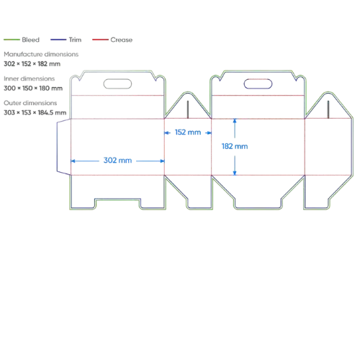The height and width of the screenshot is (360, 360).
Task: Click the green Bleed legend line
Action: coord(12,40)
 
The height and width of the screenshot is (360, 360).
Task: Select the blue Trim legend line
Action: coord(58,40)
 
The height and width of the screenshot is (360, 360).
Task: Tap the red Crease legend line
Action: coord(100,40)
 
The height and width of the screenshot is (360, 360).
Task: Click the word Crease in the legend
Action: coord(122,40)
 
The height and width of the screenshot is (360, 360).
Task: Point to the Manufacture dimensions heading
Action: coord(41,54)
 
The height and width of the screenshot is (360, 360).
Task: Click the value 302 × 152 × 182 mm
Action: coord(32,64)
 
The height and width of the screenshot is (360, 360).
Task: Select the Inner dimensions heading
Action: coord(29,78)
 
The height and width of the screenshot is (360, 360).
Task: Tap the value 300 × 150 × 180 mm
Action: coord(33,88)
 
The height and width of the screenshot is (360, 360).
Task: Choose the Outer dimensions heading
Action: coord(30,103)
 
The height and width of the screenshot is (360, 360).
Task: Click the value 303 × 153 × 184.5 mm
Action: coord(35,112)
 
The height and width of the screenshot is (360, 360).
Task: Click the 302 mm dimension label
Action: coord(117,161)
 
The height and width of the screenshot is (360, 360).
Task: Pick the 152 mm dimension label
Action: coord(188,132)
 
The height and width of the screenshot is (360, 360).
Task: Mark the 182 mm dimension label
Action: coord(235,146)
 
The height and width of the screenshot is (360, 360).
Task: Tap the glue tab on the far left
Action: coord(58,147)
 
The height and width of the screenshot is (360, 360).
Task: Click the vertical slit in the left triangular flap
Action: coord(188,109)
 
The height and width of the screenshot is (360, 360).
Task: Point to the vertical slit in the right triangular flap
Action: coord(328,109)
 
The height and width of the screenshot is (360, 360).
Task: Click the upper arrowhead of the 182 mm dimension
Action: coord(235,121)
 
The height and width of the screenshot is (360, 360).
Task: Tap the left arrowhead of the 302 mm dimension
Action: coord(73,161)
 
